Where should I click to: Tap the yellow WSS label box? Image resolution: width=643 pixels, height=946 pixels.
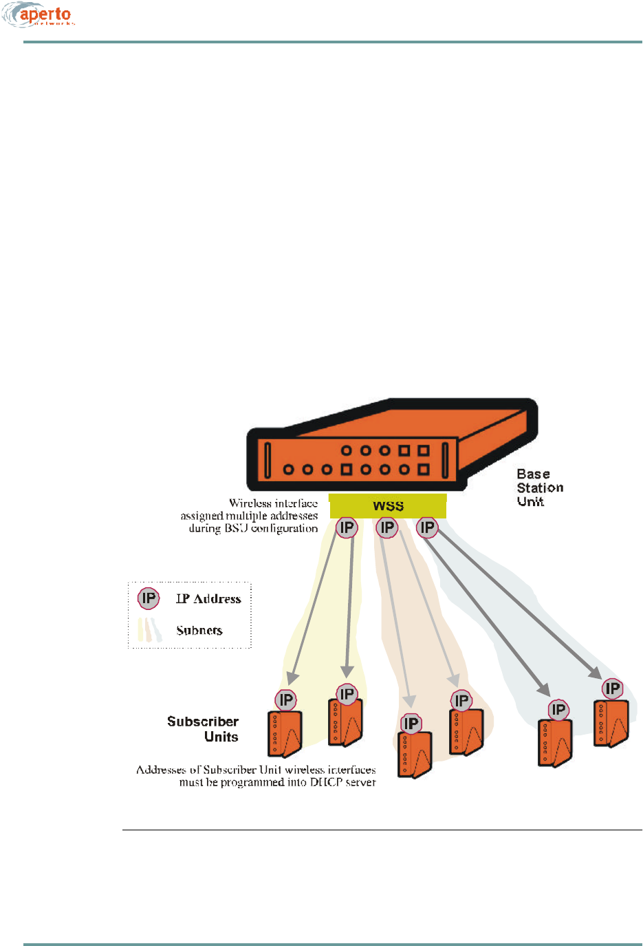[x=388, y=506]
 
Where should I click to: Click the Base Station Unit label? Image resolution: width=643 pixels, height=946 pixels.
[x=540, y=487]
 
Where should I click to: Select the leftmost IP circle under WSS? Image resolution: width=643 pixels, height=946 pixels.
[x=347, y=528]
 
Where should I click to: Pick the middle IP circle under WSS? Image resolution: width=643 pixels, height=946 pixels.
[x=387, y=528]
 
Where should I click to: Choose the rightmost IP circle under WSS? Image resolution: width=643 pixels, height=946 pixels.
[x=428, y=528]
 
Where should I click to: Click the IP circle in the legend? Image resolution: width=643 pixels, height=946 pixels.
[x=149, y=598]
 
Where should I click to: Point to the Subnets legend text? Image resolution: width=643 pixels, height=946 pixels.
[x=199, y=630]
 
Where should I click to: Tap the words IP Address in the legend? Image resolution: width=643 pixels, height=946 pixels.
[x=208, y=599]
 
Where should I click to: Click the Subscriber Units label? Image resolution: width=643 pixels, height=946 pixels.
[x=203, y=729]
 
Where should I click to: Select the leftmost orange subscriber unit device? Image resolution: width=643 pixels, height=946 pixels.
[x=284, y=734]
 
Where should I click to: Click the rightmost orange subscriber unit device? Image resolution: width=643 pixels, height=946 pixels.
[x=611, y=723]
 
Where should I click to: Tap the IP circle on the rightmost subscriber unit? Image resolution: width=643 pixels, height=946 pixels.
[x=612, y=689]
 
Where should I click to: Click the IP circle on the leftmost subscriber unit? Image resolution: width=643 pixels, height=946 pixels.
[x=285, y=700]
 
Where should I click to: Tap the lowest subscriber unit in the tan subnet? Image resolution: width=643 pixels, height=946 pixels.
[x=415, y=755]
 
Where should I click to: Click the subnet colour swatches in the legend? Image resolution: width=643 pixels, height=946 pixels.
[x=149, y=630]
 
